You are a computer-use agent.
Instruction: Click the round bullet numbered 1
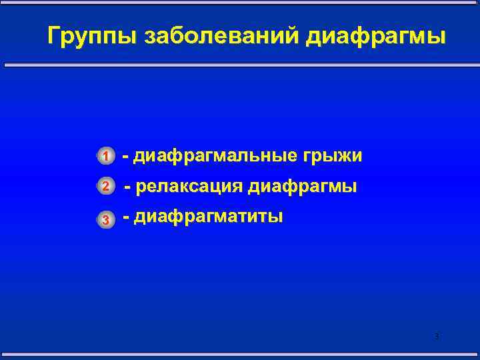tap(105, 157)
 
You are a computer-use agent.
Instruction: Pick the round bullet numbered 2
tap(105, 187)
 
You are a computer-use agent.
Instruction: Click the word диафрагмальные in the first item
tap(216, 156)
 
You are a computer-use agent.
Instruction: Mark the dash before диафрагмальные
tap(125, 157)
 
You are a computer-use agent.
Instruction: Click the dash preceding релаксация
tap(128, 187)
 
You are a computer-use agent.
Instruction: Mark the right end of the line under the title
tap(477, 65)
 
